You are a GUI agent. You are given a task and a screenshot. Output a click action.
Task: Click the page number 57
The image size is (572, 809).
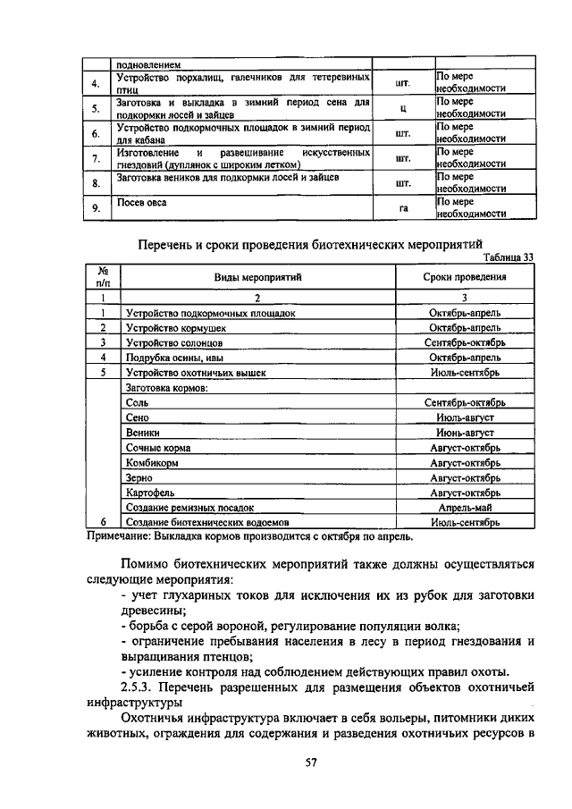coord(286,763)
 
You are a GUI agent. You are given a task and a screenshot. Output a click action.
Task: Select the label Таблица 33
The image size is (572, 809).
coord(507,257)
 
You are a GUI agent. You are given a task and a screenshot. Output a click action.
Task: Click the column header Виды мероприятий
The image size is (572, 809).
coord(257,277)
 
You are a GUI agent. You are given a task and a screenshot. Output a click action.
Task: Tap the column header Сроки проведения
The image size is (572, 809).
coord(465,277)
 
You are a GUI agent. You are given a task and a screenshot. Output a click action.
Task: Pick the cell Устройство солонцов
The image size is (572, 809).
coord(167,342)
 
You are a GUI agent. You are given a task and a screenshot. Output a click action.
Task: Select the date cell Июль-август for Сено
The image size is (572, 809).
coord(465,417)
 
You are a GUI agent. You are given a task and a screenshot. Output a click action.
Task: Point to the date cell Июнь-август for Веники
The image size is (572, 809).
coord(465,433)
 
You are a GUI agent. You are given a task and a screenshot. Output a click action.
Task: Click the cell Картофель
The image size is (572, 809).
coord(150,492)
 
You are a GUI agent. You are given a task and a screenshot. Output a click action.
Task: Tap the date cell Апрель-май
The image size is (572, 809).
coord(465,506)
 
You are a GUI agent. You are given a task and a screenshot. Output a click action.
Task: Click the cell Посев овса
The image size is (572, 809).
coord(142,203)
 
